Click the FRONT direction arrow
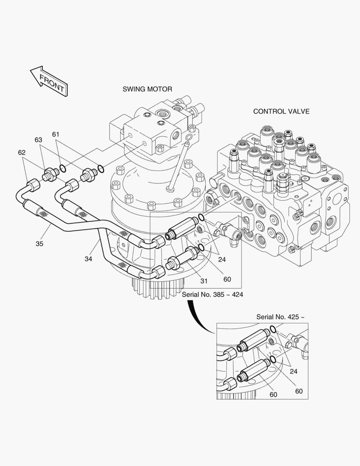point(49,81)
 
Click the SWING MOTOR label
point(147,89)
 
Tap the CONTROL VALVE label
point(281,111)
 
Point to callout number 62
point(22,152)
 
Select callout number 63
point(38,140)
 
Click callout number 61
point(56,134)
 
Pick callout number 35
point(39,244)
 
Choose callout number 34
point(88,259)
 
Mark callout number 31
point(204,281)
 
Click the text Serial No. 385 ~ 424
point(213,295)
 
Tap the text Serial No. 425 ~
point(280,317)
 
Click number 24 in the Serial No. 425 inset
point(294,371)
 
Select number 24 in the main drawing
point(222,259)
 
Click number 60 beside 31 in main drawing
point(227,279)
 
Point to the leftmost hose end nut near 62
point(33,186)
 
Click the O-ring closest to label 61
point(63,169)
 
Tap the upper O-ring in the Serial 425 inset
point(272,329)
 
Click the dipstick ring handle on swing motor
point(188,138)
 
